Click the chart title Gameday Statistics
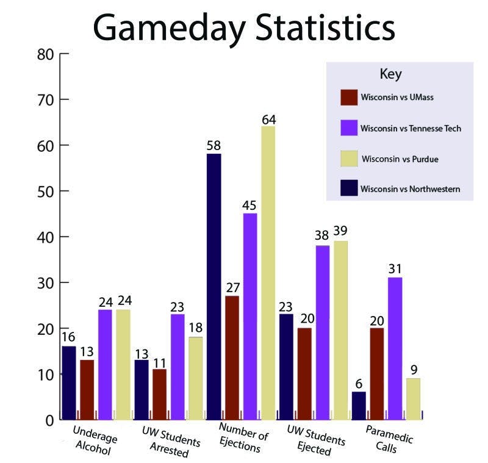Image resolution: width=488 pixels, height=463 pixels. tap(244, 27)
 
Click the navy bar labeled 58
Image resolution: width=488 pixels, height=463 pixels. tap(213, 287)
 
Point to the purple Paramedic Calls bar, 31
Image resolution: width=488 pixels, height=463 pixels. tap(395, 348)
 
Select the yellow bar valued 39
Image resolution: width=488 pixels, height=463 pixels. tap(340, 329)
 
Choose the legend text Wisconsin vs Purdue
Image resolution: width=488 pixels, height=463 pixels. tap(400, 160)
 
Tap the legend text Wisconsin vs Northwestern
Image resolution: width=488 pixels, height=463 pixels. tap(409, 189)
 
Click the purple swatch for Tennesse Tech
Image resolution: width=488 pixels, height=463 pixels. tap(349, 128)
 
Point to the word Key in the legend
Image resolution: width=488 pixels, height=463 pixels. tap(390, 74)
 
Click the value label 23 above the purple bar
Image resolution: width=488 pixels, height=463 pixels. tap(178, 307)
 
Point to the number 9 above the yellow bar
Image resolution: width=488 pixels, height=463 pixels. tap(413, 370)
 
